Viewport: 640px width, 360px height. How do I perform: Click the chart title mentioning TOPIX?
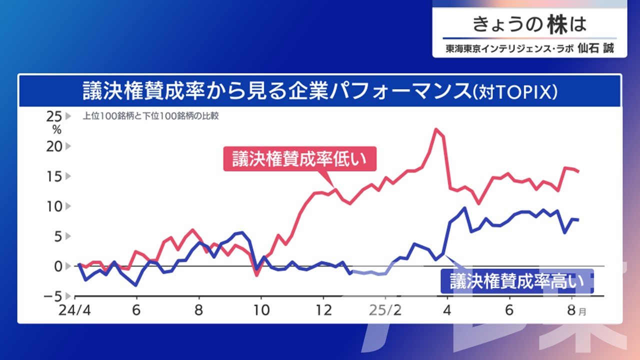320,91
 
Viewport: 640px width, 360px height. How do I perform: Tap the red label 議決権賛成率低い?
299,159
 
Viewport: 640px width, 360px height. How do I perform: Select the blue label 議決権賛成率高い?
516,281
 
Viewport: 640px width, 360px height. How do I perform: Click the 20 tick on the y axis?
53,146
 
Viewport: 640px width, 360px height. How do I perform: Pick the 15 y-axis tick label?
53,176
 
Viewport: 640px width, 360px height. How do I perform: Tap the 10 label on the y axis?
53,206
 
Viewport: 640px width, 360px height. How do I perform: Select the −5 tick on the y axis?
51,295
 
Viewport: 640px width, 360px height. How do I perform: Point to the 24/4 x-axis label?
73,310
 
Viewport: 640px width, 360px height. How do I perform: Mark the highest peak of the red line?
436,129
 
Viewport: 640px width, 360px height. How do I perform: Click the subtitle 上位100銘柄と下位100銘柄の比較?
150,116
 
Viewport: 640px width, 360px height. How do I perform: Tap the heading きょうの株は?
529,24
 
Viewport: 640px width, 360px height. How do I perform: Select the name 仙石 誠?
594,48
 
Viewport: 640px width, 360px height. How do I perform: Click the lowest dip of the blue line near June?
136,285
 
